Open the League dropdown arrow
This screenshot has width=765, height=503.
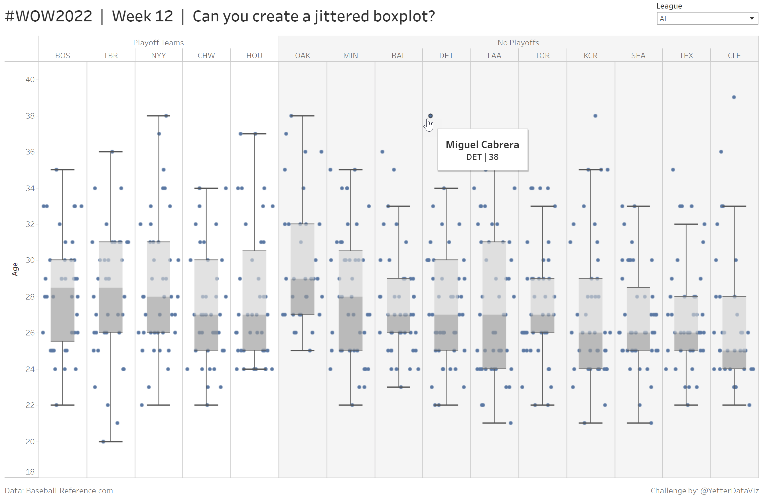(x=752, y=19)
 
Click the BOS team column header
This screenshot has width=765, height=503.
(x=63, y=56)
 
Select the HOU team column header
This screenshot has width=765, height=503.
(x=254, y=56)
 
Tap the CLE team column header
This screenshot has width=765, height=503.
(x=734, y=56)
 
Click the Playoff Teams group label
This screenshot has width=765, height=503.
(x=159, y=43)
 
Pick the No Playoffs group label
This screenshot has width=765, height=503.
(x=518, y=43)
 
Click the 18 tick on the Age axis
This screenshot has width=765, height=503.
(x=30, y=472)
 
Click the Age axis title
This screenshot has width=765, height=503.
(x=15, y=269)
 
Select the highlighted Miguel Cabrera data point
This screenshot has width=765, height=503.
(x=430, y=116)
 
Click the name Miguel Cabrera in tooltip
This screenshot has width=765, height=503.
(x=482, y=144)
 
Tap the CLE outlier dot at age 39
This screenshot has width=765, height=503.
(x=734, y=97)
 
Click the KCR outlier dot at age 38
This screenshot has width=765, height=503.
(x=595, y=116)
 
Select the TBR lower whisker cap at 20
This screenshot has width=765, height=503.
(x=111, y=442)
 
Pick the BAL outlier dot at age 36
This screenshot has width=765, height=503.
(x=382, y=152)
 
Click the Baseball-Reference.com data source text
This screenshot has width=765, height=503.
(x=69, y=490)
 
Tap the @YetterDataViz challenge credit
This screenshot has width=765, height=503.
(x=729, y=490)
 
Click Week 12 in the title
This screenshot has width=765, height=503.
(x=142, y=16)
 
